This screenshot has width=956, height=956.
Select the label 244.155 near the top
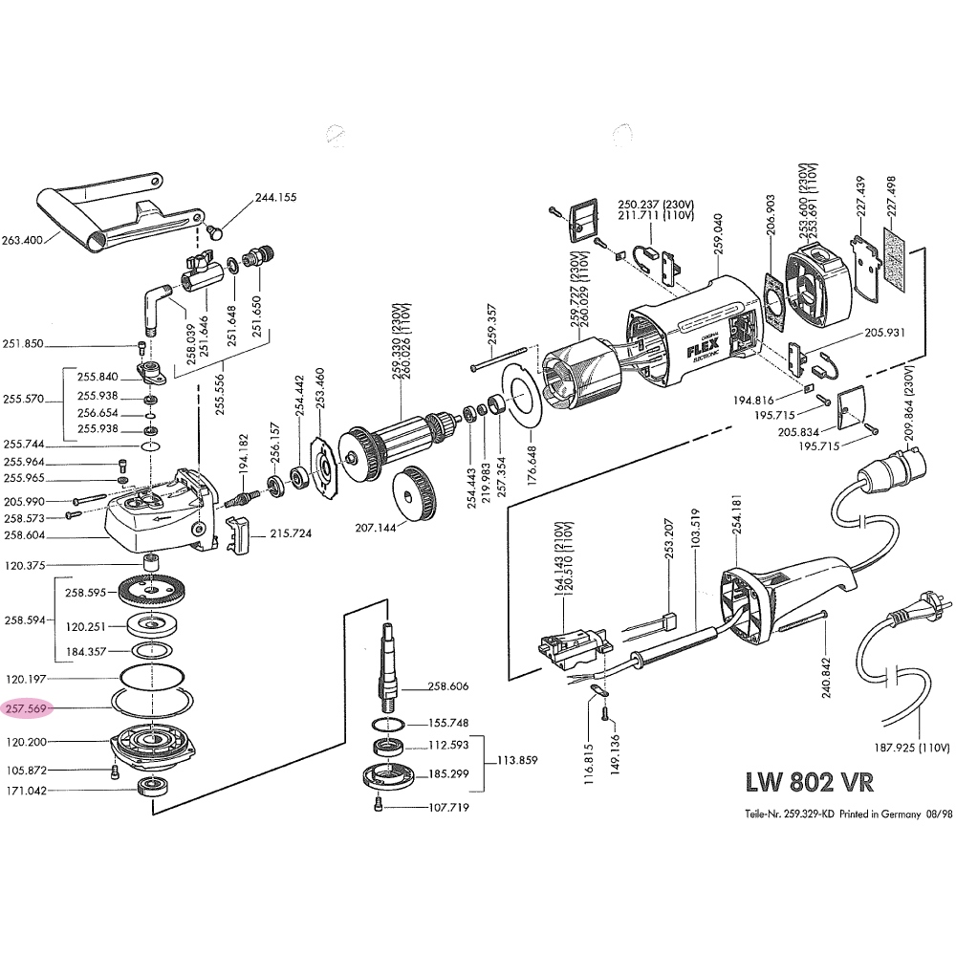click(275, 198)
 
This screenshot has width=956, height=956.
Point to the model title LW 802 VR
click(808, 781)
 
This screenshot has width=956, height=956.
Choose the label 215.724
click(291, 533)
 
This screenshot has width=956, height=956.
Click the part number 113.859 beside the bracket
click(517, 762)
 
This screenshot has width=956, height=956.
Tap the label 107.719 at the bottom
click(448, 808)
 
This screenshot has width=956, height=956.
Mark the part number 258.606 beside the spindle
click(447, 686)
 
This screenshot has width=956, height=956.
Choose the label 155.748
click(447, 723)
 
